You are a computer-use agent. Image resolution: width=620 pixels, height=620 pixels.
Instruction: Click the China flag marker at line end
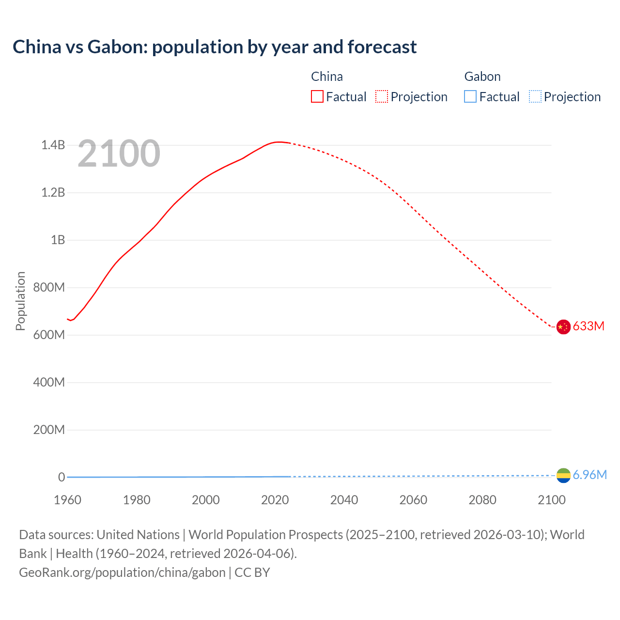coord(563,327)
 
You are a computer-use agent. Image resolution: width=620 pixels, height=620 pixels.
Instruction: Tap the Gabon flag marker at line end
coord(563,476)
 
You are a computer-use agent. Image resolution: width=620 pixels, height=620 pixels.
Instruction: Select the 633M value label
coord(589,326)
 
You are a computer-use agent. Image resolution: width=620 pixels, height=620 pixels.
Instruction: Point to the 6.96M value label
coord(589,475)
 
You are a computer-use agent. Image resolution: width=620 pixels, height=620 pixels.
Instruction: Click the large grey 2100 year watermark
coord(119,154)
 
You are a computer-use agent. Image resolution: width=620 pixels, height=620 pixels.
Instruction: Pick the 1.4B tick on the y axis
coord(53,145)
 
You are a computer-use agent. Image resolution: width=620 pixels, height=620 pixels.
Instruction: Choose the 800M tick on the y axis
coord(49,287)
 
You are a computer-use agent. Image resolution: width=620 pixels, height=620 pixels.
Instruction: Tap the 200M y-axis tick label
coord(49,430)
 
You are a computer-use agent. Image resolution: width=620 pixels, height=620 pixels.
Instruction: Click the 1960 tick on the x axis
coord(67,499)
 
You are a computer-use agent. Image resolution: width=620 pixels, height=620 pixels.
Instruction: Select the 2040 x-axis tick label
coord(344,499)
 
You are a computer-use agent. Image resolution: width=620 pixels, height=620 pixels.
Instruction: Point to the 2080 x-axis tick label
coord(482,499)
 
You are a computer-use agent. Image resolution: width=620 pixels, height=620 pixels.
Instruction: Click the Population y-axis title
coord(20,301)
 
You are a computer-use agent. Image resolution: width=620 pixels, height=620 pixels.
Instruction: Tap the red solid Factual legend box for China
coord(317,96)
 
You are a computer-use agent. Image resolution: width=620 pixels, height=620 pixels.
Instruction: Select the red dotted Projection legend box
coord(382,96)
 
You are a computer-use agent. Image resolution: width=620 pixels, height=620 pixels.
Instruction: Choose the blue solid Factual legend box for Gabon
coord(470,96)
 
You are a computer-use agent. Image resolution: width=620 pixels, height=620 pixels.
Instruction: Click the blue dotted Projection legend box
coord(535,96)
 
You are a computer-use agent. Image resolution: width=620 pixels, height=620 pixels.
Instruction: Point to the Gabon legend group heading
coord(482,77)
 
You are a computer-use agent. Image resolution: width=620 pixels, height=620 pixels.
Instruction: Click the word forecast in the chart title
coord(382,47)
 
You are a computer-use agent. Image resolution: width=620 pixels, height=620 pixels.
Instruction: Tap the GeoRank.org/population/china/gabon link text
coord(122,572)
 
